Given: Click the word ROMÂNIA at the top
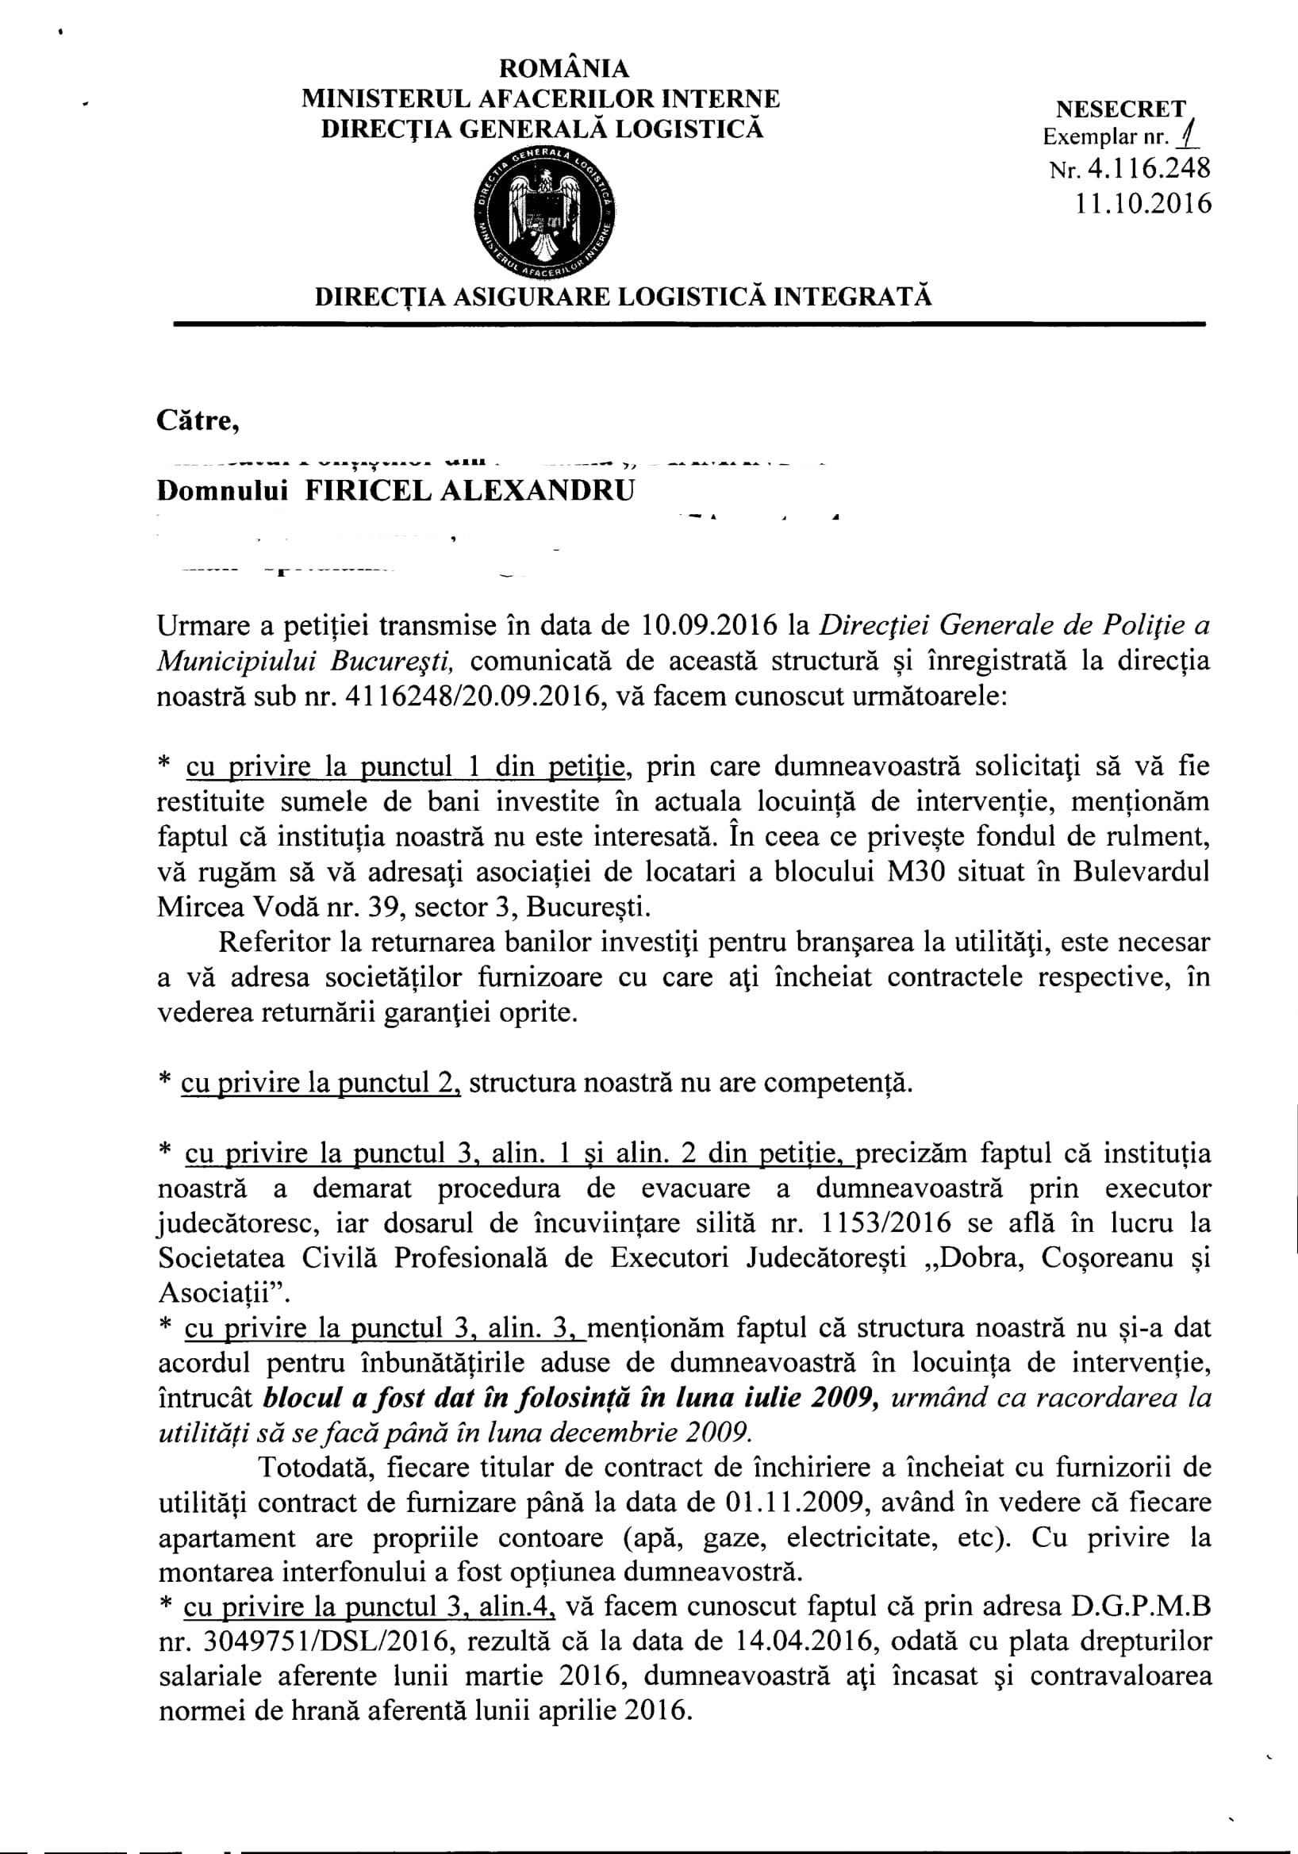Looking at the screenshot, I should click(540, 69).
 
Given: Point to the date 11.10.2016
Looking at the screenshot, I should click(1143, 202).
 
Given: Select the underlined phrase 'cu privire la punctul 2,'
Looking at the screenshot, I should click(321, 1083).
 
